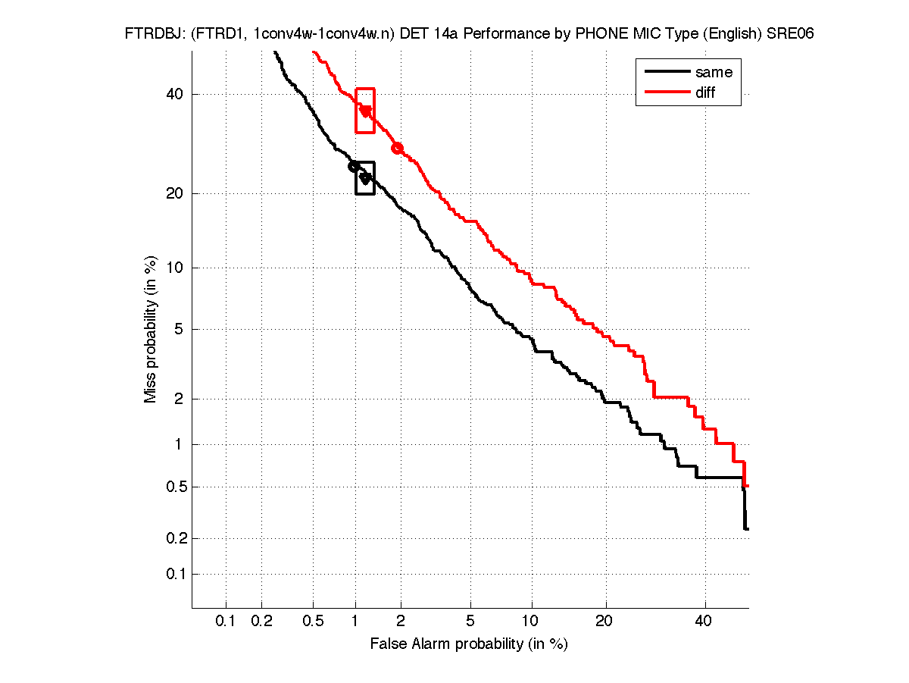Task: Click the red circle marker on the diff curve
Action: click(397, 148)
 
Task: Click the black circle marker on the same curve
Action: click(353, 166)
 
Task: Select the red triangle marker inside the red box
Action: click(366, 111)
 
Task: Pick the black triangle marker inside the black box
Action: click(365, 178)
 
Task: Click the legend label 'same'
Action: click(714, 72)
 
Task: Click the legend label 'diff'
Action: click(705, 92)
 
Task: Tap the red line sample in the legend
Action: click(664, 92)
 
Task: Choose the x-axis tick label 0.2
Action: click(261, 622)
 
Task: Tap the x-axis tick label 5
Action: click(470, 622)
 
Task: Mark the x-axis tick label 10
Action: click(532, 622)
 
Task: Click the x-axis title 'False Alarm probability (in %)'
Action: click(469, 644)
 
